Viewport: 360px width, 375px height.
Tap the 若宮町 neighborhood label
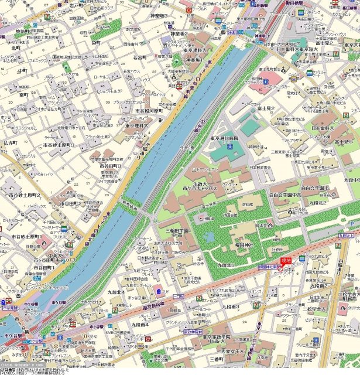click(139, 57)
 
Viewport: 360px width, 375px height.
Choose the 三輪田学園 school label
click(177, 231)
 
